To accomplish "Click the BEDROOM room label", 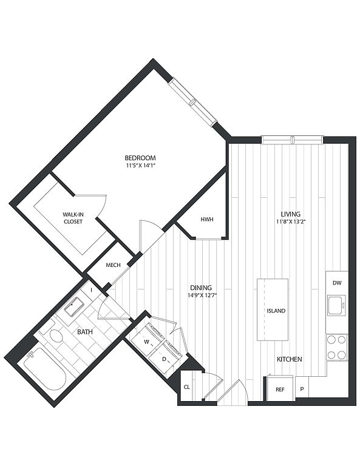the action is (x=140, y=158).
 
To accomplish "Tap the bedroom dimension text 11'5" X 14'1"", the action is (x=140, y=166).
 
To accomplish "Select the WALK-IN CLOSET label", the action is (x=72, y=218).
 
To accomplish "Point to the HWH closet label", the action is (x=207, y=220).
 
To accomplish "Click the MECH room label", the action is (x=113, y=265).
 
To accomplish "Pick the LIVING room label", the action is (x=290, y=214).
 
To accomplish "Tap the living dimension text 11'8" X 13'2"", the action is (x=291, y=221).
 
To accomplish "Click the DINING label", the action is (x=201, y=288).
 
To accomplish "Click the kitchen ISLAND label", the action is (x=276, y=311).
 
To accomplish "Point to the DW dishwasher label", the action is (x=337, y=283).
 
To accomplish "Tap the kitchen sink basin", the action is (x=336, y=305).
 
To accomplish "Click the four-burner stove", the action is (x=337, y=347).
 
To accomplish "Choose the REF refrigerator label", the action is (x=280, y=390).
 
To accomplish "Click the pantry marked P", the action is (x=302, y=388).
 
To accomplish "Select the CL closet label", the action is (x=187, y=387).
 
